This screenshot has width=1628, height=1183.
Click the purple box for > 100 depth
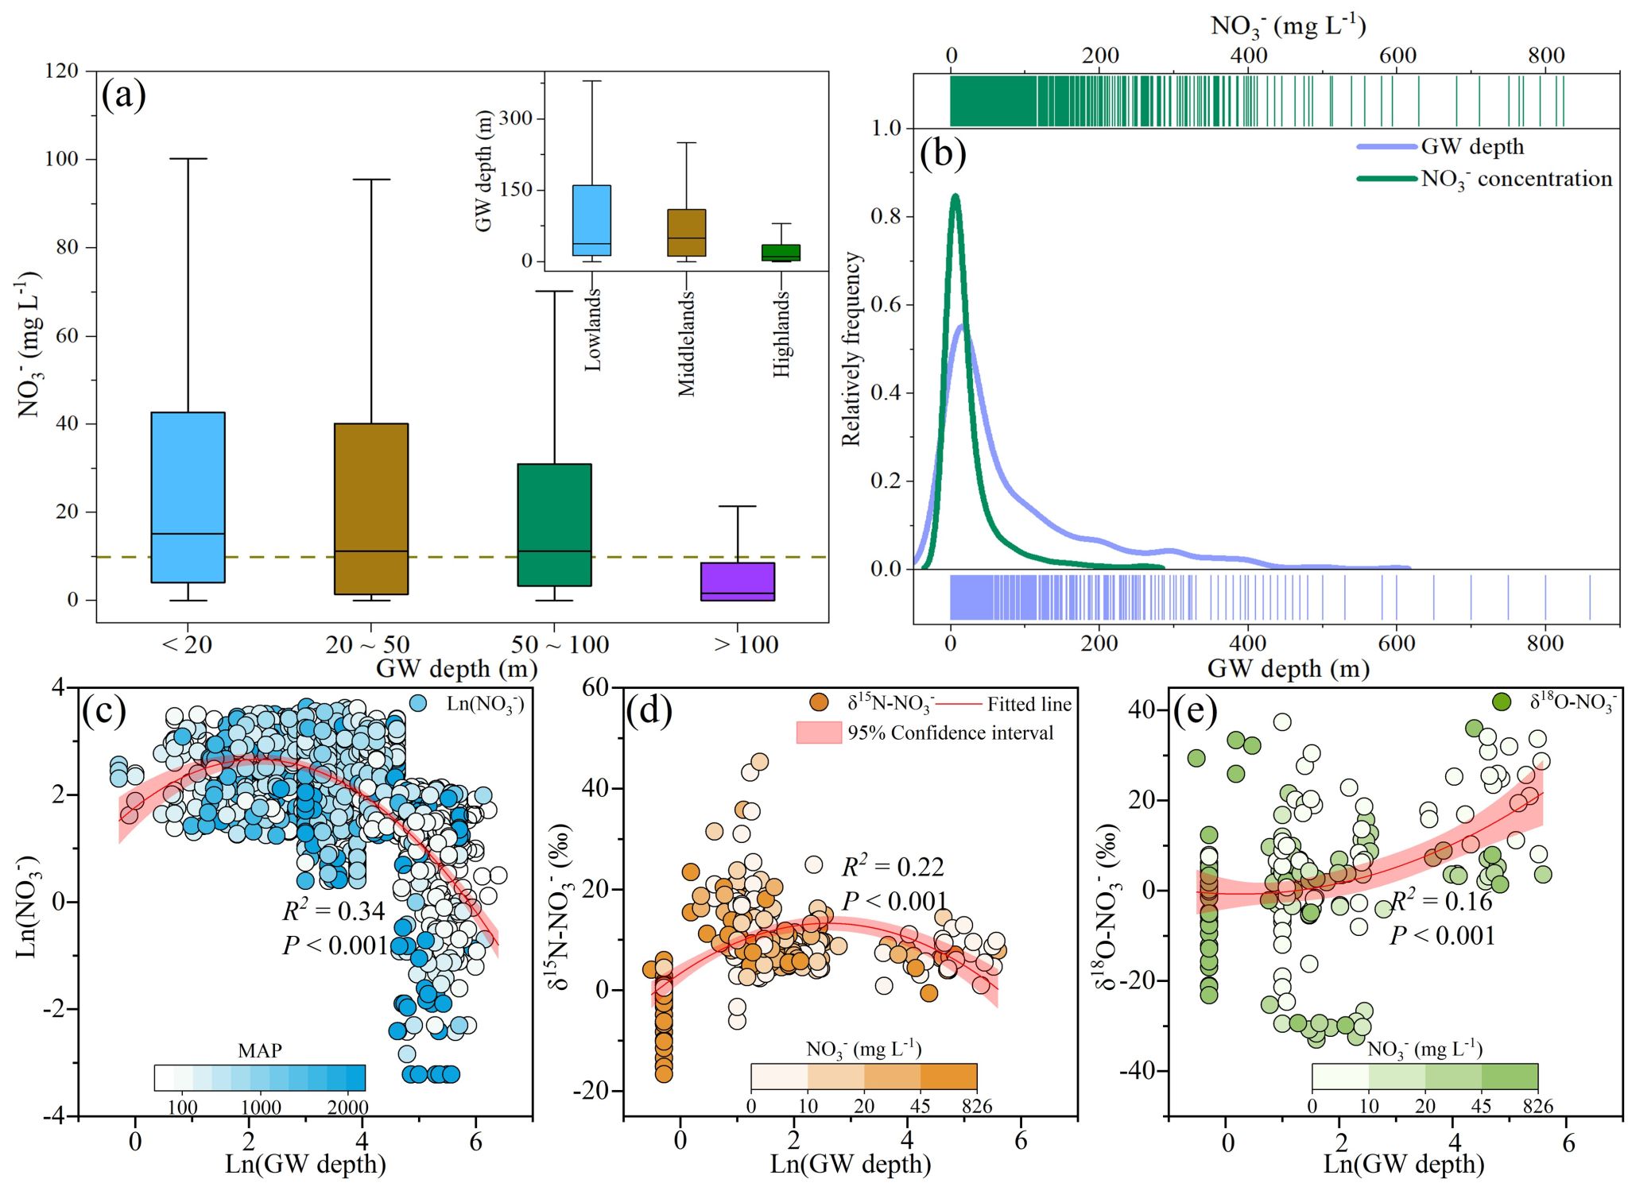point(737,582)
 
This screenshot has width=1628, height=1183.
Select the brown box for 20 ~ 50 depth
point(371,508)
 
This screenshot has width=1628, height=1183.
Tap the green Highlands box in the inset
point(781,253)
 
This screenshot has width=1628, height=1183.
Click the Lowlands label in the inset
point(593,330)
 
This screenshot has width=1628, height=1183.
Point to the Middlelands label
point(686,343)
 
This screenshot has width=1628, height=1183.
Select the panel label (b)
point(942,153)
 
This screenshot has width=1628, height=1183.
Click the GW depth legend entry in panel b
point(1472,147)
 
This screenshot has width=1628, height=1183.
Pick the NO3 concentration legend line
point(1386,179)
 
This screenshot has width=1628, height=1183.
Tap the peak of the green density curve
point(955,195)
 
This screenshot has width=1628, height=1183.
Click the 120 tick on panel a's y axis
point(61,72)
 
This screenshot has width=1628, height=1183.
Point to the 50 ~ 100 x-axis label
point(560,644)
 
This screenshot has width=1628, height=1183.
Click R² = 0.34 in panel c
point(333,911)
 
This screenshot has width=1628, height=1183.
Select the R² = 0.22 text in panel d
point(893,867)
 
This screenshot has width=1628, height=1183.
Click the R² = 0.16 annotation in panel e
point(1440,902)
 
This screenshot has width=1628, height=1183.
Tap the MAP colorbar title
point(259,1050)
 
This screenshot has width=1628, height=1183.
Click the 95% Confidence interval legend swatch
point(819,733)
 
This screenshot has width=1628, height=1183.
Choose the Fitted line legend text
point(1029,704)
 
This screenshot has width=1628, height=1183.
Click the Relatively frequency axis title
point(851,349)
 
